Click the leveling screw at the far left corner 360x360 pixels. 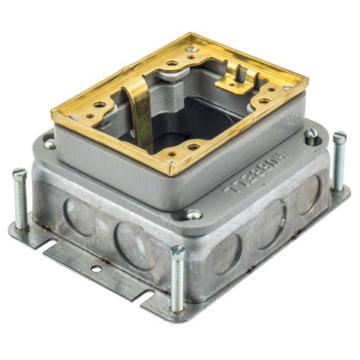tap(21, 199)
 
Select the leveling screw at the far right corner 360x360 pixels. tap(339, 161)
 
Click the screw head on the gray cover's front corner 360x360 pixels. tap(194, 215)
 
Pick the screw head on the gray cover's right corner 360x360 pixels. tap(311, 135)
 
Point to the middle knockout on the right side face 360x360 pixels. tap(269, 220)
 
